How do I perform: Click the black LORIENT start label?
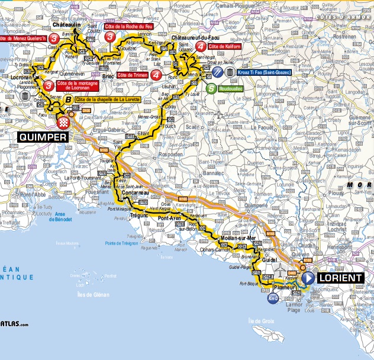pos(340,278)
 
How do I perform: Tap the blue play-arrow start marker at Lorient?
pos(308,278)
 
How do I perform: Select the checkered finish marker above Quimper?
pos(64,122)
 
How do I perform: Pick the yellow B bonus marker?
pos(68,99)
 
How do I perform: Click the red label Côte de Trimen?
pos(132,75)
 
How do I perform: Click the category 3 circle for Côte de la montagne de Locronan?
pos(48,86)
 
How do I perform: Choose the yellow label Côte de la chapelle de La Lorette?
pos(108,99)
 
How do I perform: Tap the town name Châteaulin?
pos(66,27)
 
